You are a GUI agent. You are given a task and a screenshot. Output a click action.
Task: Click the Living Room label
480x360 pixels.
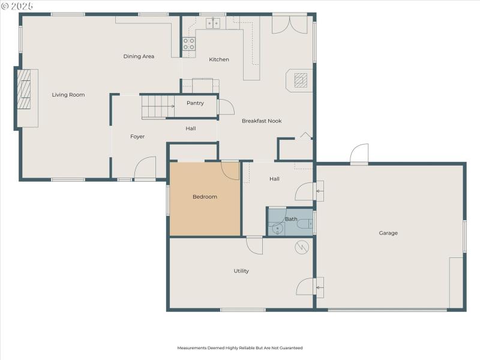pos(68,95)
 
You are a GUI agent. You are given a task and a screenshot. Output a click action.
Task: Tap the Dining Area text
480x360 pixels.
pos(139,56)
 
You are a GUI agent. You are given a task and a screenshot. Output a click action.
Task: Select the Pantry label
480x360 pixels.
pos(195,103)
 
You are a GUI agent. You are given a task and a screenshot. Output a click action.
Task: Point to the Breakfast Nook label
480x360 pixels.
pos(262,121)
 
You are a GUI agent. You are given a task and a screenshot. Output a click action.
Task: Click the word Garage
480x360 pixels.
pos(388,233)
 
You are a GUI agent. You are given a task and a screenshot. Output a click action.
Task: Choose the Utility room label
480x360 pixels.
pos(241,271)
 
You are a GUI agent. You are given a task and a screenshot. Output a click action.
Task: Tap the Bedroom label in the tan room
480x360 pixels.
pos(205,197)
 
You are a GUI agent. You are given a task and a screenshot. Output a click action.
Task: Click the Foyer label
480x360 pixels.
pos(137,137)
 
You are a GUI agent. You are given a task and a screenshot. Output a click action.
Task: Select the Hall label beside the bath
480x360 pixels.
pos(274,179)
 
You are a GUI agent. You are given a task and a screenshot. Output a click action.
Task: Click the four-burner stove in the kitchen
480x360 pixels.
pos(189,43)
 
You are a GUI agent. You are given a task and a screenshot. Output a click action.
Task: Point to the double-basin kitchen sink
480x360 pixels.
pos(214,23)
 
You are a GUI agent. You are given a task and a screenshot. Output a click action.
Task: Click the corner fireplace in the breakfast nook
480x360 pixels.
pos(301,80)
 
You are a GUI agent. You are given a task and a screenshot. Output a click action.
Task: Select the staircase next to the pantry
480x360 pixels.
pos(157,107)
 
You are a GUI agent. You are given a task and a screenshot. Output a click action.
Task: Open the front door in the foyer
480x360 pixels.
pos(145,170)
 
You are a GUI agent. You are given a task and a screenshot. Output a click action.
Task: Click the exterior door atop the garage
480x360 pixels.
pos(359,154)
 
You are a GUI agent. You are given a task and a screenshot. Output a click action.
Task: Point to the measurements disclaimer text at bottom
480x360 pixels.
pos(239,348)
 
